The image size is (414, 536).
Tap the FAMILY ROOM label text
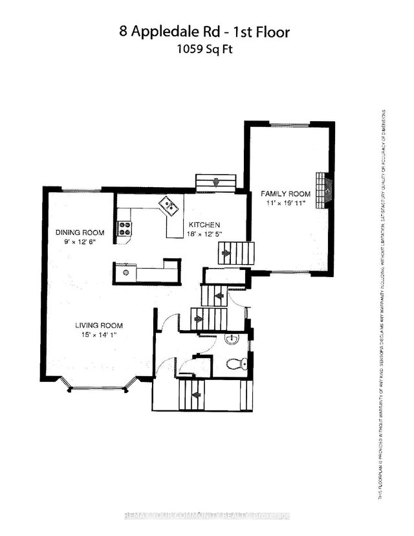coord(285,194)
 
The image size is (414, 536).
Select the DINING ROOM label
coord(80,232)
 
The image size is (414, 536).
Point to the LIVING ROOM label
coord(98,326)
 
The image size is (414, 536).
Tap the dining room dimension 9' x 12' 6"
coord(80,241)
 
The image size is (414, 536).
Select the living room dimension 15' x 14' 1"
coord(98,335)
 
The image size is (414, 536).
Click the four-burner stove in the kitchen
coord(124,228)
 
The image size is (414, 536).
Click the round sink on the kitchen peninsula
coord(126,273)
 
